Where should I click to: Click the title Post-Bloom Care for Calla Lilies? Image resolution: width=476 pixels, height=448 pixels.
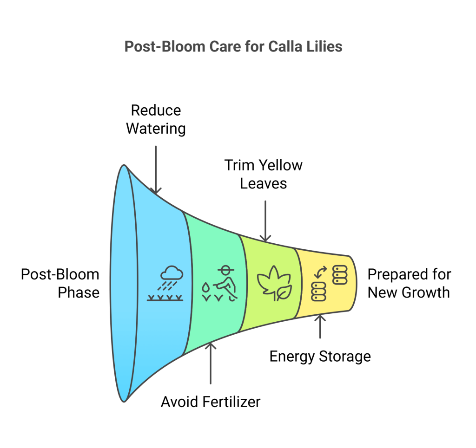pos(233,47)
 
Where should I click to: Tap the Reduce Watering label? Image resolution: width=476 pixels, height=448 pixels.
pos(156,119)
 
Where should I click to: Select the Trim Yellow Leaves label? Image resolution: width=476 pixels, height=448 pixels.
pos(264,174)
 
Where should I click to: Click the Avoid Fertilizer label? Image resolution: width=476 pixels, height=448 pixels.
pos(211,402)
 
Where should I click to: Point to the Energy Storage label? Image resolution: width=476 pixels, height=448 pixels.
pos(320,357)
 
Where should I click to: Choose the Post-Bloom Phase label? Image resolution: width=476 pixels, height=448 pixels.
pos(60,283)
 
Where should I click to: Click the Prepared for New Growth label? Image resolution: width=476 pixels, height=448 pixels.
pos(409,283)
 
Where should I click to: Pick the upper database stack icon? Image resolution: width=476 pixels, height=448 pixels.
pos(340,275)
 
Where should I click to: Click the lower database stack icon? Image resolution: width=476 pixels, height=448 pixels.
pos(319,292)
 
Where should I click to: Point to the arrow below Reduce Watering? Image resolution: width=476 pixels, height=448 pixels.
pos(156,170)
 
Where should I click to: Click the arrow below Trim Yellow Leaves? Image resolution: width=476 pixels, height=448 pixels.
pos(265,221)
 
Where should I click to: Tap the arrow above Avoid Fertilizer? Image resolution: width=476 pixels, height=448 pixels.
pos(211,363)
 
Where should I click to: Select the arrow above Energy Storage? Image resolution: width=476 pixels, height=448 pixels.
pos(320,326)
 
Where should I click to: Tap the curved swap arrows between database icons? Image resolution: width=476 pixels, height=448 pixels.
pos(321,272)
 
